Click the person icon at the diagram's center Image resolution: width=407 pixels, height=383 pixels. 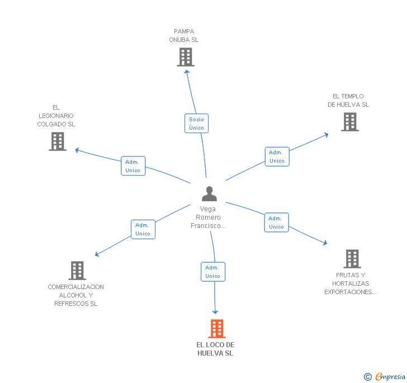[x=209, y=194]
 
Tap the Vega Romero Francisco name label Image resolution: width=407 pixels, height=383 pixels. [x=209, y=217]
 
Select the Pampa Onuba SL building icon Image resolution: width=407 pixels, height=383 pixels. [x=185, y=57]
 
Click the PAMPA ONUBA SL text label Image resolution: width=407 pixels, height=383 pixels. [x=184, y=36]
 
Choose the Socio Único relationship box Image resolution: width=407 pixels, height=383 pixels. [x=196, y=124]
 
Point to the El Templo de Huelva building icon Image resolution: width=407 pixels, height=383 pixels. [x=350, y=122]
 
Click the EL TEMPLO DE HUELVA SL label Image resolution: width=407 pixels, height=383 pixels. [x=348, y=101]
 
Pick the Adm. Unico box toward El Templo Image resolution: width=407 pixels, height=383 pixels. [x=277, y=157]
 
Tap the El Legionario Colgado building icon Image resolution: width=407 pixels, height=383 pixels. [x=58, y=141]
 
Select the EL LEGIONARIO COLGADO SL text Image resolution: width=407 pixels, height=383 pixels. [x=56, y=116]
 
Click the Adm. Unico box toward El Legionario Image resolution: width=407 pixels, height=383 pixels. [x=133, y=166]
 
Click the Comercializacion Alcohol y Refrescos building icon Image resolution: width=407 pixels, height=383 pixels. [x=77, y=271]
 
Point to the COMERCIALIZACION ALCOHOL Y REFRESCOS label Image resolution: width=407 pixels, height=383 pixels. [x=75, y=295]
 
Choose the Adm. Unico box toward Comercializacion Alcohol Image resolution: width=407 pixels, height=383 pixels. [x=143, y=229]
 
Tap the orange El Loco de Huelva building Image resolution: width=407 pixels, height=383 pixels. [x=216, y=329]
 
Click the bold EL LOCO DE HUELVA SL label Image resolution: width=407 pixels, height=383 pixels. [x=215, y=349]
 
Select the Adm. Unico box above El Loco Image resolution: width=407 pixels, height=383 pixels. [x=213, y=272]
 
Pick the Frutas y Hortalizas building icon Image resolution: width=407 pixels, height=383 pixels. [x=352, y=259]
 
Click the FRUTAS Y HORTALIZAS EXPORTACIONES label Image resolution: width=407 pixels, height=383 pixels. [x=351, y=283]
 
